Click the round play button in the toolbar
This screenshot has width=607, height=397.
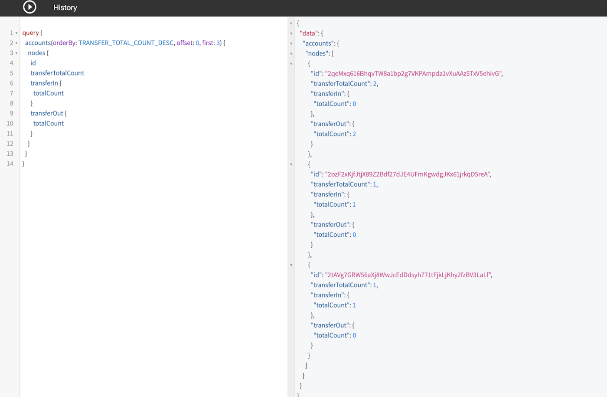point(29,7)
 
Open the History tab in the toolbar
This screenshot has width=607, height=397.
point(65,8)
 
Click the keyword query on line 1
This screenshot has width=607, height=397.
point(30,33)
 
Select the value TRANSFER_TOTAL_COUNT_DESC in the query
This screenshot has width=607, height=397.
point(126,43)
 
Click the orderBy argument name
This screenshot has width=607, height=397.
point(64,43)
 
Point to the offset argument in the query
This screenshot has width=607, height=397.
point(184,43)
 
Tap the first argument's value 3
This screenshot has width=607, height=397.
point(218,43)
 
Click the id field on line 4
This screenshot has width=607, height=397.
point(33,63)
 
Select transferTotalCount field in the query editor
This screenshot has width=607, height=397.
point(57,73)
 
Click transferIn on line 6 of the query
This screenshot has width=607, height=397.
point(44,83)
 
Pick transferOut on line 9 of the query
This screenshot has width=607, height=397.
point(47,114)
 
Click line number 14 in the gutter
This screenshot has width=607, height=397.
point(10,164)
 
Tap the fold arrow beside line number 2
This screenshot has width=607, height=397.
point(16,43)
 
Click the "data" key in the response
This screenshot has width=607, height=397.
point(309,33)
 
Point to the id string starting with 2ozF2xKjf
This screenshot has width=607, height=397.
point(408,174)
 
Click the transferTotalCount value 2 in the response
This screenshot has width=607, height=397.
point(375,84)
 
